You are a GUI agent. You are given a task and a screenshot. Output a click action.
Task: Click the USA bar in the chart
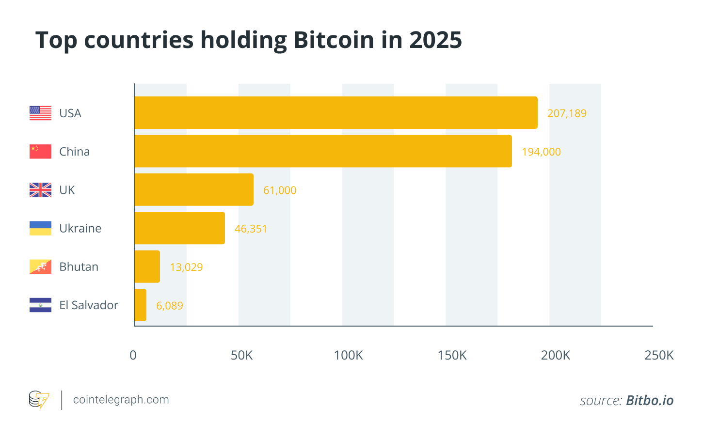tap(336, 112)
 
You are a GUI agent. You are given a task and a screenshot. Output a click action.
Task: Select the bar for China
tap(323, 151)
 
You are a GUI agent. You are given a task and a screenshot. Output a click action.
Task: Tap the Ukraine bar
tap(179, 228)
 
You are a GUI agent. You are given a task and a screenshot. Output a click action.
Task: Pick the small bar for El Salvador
tap(140, 305)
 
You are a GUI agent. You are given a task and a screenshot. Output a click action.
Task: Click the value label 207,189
tap(567, 113)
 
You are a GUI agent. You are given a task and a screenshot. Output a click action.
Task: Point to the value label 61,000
tap(280, 190)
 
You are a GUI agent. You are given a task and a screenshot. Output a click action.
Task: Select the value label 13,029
tap(186, 267)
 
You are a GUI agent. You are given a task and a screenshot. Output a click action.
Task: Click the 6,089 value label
tap(169, 306)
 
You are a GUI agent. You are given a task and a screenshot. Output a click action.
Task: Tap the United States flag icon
tap(40, 113)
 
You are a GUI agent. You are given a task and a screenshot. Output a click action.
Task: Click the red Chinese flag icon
tap(40, 151)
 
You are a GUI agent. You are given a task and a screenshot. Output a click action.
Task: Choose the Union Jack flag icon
tap(40, 190)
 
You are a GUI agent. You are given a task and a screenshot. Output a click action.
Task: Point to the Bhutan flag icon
tap(40, 267)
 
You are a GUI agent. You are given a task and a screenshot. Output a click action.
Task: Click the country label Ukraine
tap(80, 228)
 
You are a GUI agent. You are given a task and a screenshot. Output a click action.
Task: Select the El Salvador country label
tap(89, 305)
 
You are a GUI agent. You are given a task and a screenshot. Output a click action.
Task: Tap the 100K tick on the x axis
tap(348, 356)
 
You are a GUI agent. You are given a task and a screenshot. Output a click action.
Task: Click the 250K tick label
tap(659, 356)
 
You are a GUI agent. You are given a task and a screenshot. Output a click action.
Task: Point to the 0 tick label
tap(133, 356)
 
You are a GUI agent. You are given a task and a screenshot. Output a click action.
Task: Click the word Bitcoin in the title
tap(334, 40)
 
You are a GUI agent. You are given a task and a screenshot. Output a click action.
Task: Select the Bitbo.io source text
tap(650, 401)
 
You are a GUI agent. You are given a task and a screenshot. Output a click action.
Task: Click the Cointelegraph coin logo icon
tap(39, 400)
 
